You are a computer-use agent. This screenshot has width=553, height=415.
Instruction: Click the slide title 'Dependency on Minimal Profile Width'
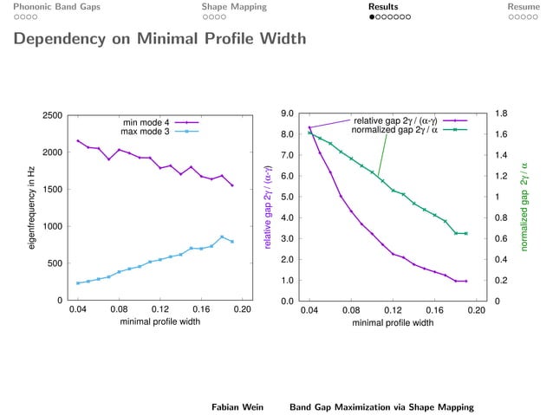159,40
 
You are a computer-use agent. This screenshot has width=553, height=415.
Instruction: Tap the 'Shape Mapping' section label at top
234,7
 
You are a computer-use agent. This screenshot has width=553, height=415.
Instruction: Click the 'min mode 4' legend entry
146,122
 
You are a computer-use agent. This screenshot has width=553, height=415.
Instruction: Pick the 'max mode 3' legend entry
145,132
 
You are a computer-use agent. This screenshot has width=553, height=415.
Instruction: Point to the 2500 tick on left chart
51,115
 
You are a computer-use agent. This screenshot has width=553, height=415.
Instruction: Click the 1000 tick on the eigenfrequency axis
51,226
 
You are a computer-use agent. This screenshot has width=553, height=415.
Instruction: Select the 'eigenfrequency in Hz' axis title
31,208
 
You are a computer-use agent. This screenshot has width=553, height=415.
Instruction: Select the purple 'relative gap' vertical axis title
269,207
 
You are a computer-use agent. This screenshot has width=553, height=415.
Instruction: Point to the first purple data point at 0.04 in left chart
78,140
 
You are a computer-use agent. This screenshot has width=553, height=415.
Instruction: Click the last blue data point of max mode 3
231,242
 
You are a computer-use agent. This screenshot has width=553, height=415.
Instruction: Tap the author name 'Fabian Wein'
238,405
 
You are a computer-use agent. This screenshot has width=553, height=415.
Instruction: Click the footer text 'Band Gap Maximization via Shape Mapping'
381,405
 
